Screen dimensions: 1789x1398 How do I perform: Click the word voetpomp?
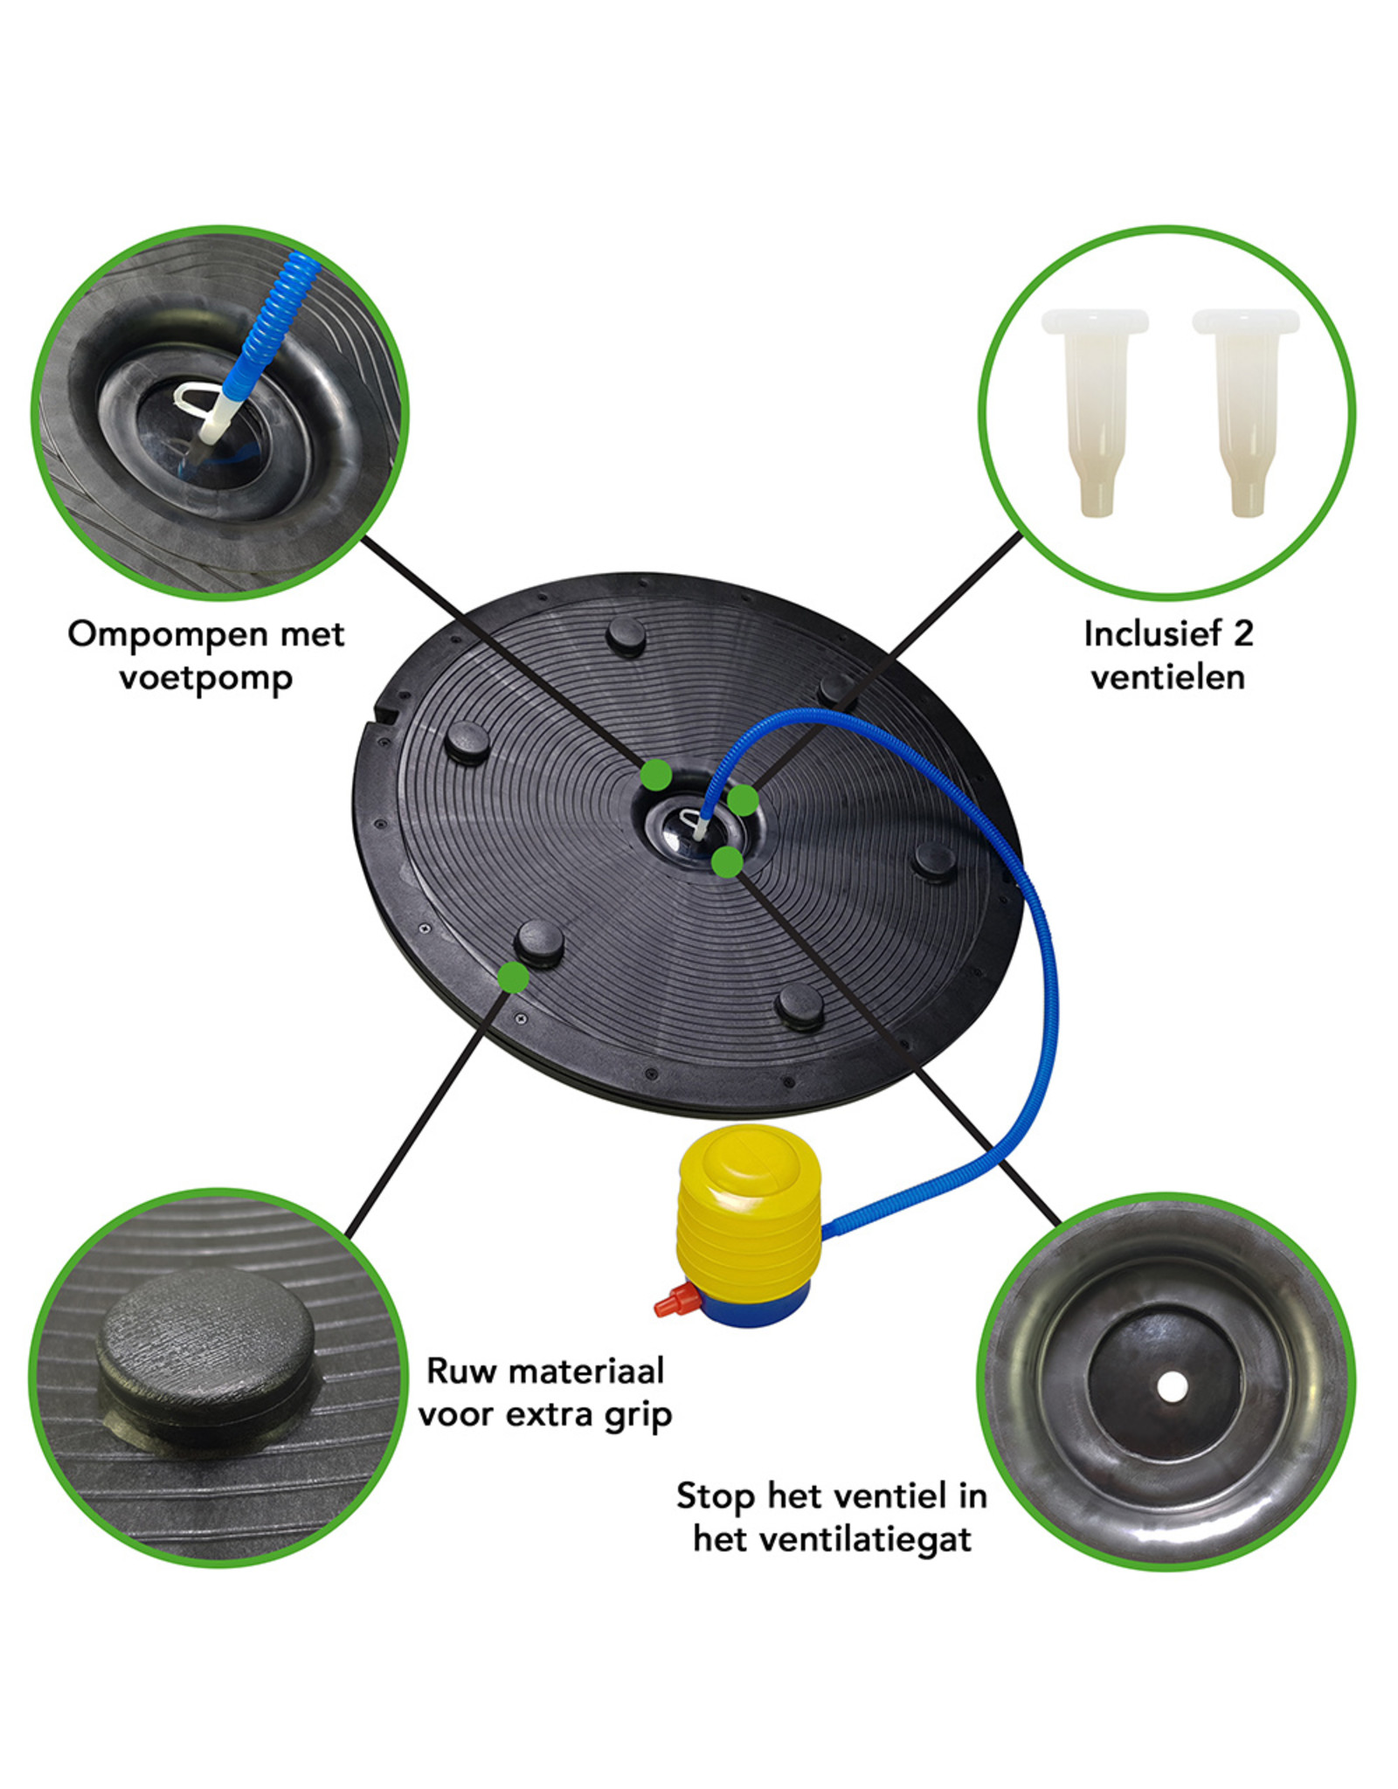pyautogui.click(x=206, y=679)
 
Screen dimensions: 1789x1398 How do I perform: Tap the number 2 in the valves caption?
pyautogui.click(x=1242, y=634)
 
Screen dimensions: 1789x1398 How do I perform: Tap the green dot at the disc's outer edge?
pyautogui.click(x=514, y=977)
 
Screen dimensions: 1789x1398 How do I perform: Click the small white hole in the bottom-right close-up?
pyautogui.click(x=1170, y=1385)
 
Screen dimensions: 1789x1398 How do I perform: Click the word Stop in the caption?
pyautogui.click(x=715, y=1495)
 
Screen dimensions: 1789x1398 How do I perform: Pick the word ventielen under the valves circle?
pyautogui.click(x=1167, y=678)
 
